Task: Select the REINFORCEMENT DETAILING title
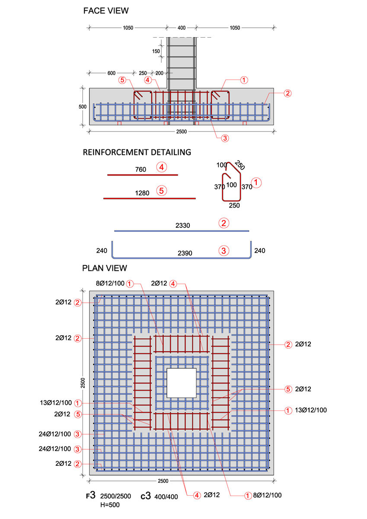[x=137, y=152]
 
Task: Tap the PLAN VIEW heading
[x=105, y=268]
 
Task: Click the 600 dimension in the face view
[x=111, y=73]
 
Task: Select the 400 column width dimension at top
[x=181, y=28]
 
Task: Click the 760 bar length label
[x=140, y=170]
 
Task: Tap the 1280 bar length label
[x=142, y=193]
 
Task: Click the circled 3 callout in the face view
[x=224, y=138]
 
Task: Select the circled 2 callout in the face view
[x=287, y=93]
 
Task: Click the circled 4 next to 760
[x=162, y=167]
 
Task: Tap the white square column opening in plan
[x=181, y=383]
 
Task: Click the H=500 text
[x=110, y=504]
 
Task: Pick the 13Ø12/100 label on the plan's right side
[x=310, y=410]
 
